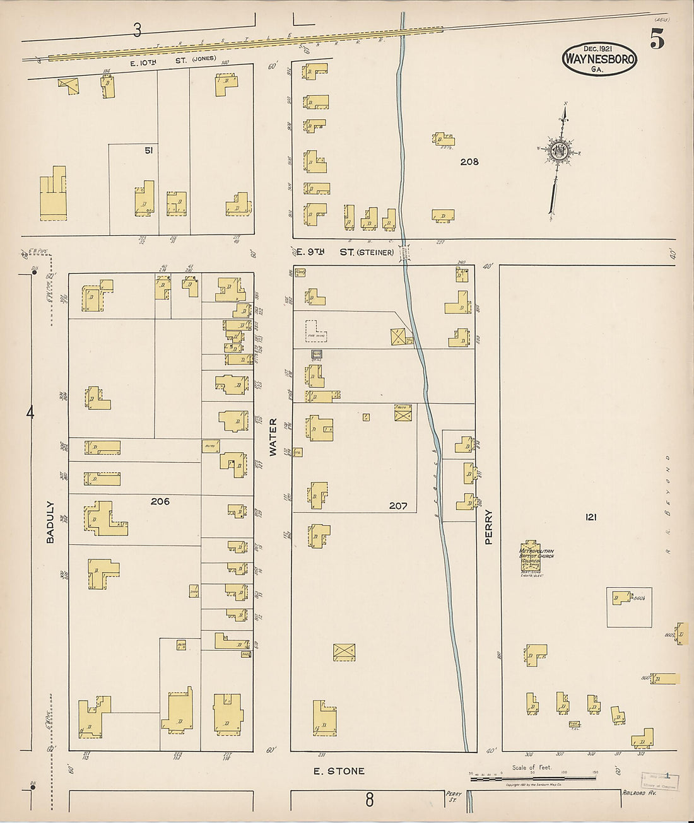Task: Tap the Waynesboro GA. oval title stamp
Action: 599,59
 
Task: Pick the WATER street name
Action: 273,436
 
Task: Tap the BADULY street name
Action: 50,522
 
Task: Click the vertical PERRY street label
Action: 488,527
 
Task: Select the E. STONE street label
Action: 339,771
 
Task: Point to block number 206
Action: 160,501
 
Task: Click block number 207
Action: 398,506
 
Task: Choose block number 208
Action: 469,161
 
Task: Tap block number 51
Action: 149,150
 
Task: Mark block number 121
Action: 591,517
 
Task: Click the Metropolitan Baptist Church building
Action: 531,557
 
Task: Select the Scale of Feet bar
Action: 533,778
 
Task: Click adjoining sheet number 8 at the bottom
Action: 369,800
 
